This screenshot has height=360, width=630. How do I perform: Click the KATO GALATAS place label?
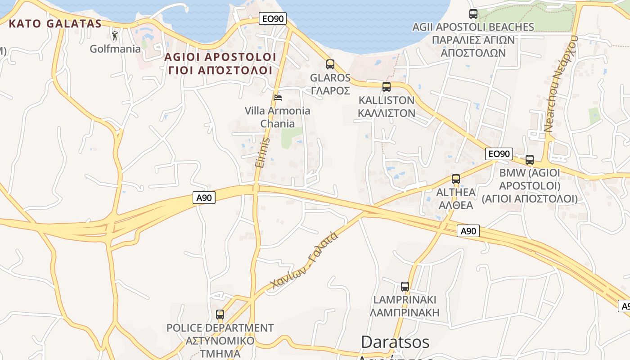(x=55, y=23)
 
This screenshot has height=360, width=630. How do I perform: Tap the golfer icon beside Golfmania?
(x=115, y=35)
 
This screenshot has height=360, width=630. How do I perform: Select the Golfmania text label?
(x=115, y=49)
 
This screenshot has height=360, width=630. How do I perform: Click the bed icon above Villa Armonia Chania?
(x=278, y=97)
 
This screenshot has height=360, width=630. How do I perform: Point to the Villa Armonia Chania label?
(x=277, y=117)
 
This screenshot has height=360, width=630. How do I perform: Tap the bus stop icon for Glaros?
(x=330, y=64)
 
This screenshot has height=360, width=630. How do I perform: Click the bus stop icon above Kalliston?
(x=386, y=87)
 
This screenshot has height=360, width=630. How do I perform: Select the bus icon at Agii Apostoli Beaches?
(x=473, y=14)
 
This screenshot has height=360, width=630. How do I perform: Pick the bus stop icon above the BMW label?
(x=530, y=159)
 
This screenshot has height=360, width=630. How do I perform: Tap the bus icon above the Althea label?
(x=455, y=179)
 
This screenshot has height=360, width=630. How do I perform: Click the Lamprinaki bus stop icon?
(x=405, y=286)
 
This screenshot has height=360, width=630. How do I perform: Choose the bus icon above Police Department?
(x=220, y=315)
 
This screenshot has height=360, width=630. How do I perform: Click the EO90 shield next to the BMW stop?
(x=499, y=154)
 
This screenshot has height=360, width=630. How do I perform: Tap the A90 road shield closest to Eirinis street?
(x=204, y=197)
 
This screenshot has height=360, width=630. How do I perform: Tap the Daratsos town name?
(x=395, y=342)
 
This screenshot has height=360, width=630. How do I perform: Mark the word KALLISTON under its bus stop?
(x=386, y=100)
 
